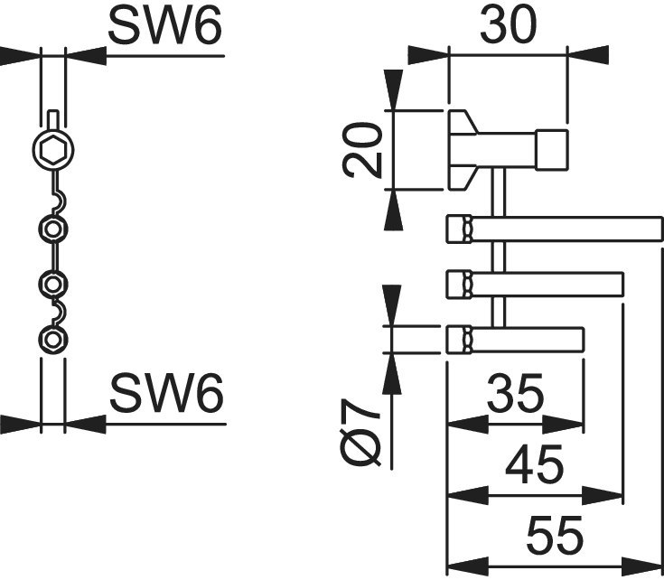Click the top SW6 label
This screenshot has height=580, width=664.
pyautogui.click(x=164, y=28)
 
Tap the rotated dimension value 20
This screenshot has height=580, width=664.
pyautogui.click(x=363, y=150)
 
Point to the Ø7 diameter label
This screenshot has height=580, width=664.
pyautogui.click(x=363, y=435)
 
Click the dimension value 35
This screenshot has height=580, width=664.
pyautogui.click(x=515, y=393)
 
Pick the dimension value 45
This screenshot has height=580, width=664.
pyautogui.click(x=534, y=464)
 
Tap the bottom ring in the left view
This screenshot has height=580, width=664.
pyautogui.click(x=53, y=340)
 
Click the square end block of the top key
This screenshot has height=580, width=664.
pyautogui.click(x=552, y=150)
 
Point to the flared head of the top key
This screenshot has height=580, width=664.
pyautogui.click(x=463, y=150)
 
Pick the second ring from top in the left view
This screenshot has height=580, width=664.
pyautogui.click(x=53, y=229)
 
